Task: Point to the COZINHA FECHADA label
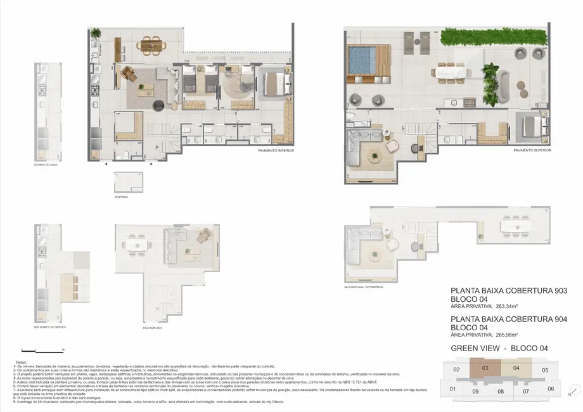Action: point(46,164)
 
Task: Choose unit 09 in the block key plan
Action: point(475,392)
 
